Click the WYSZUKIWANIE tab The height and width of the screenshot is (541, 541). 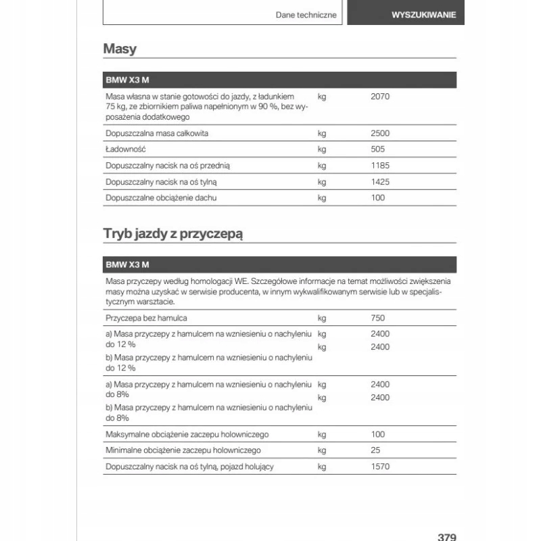tap(423, 14)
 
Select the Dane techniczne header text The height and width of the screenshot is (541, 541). tap(306, 14)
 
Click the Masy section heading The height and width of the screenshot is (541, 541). tap(120, 49)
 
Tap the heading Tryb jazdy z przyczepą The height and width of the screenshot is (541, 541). tap(173, 234)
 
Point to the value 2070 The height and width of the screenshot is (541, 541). tap(380, 97)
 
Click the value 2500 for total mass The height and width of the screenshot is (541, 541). tap(380, 133)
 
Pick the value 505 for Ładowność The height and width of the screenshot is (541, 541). tap(378, 149)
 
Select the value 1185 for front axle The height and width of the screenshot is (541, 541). tap(380, 165)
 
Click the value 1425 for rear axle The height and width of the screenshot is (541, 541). tap(380, 181)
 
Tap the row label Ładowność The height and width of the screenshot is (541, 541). tap(126, 149)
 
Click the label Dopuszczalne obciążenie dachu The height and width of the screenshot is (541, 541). tap(161, 197)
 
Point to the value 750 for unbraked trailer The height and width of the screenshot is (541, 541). tap(377, 318)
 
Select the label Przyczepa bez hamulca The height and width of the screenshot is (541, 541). tap(146, 318)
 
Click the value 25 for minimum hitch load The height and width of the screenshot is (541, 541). tap(376, 450)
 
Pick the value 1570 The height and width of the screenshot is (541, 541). tap(380, 467)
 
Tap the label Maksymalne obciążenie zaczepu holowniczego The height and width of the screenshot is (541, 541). tap(187, 434)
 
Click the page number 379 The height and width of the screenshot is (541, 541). tap(447, 537)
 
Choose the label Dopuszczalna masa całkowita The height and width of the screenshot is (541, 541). tap(157, 133)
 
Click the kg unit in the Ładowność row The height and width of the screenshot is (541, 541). tap(322, 149)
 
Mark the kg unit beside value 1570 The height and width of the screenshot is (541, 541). tap(322, 467)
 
